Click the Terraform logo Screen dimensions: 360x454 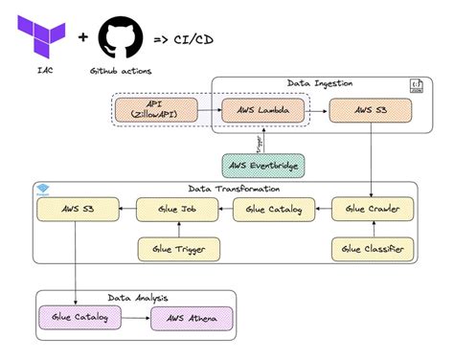pos(42,36)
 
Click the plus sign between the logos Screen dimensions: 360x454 pos(82,38)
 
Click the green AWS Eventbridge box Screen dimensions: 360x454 pos(262,165)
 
